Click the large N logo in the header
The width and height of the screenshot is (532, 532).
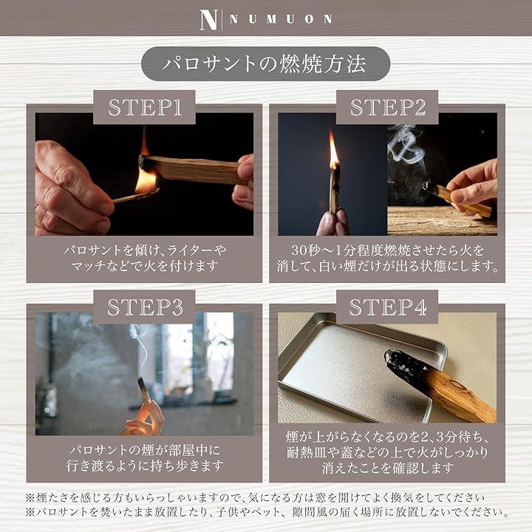[208, 20]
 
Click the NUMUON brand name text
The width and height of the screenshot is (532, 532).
[281, 19]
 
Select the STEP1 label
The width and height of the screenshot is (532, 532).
[145, 108]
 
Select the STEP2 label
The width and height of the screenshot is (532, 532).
[387, 107]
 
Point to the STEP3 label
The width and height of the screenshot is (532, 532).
[145, 307]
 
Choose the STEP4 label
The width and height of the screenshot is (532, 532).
[387, 307]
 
